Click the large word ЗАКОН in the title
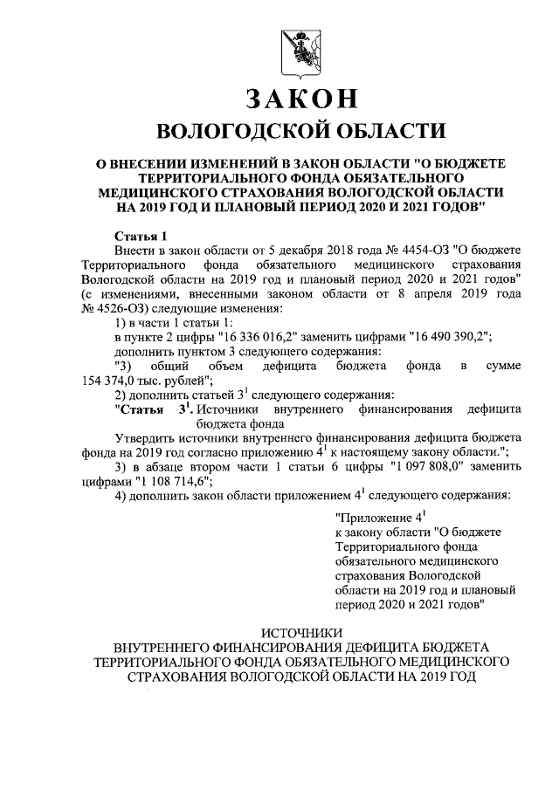pyautogui.click(x=292, y=99)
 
